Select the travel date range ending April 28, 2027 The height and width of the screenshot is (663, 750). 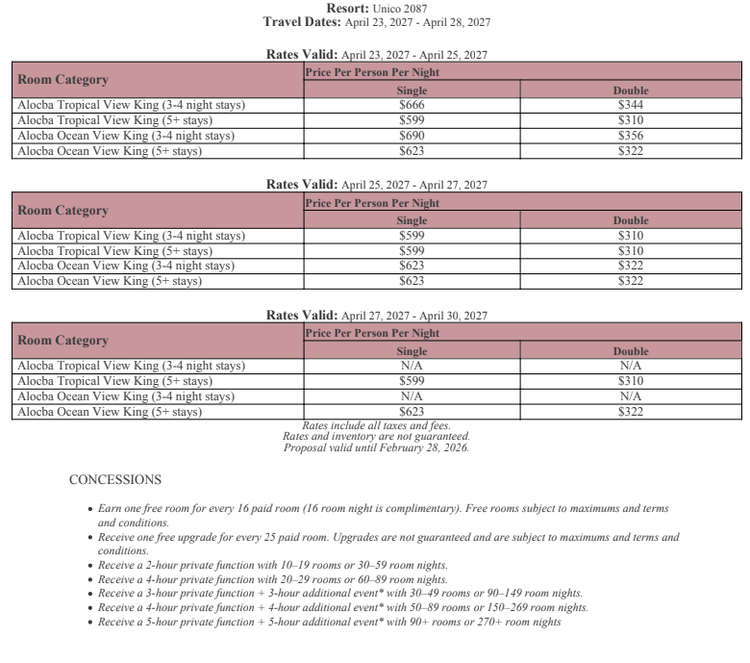click(x=417, y=21)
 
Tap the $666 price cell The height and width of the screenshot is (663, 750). click(x=412, y=105)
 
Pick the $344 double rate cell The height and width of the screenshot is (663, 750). click(x=631, y=105)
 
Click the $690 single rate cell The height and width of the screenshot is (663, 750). click(x=412, y=136)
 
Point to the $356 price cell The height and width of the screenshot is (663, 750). click(x=631, y=136)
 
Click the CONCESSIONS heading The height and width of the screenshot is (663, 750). click(x=115, y=479)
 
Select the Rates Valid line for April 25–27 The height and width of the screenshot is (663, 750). click(x=377, y=185)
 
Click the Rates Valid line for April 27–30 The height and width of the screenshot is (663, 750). click(x=377, y=315)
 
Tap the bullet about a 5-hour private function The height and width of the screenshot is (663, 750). click(x=330, y=622)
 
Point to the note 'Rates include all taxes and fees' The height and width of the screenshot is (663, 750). click(x=376, y=425)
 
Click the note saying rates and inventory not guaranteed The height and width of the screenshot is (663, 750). click(x=376, y=436)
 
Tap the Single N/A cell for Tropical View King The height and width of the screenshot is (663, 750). click(x=412, y=366)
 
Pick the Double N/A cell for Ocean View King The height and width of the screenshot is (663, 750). click(x=631, y=396)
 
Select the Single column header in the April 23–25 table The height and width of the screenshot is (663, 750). click(x=412, y=90)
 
